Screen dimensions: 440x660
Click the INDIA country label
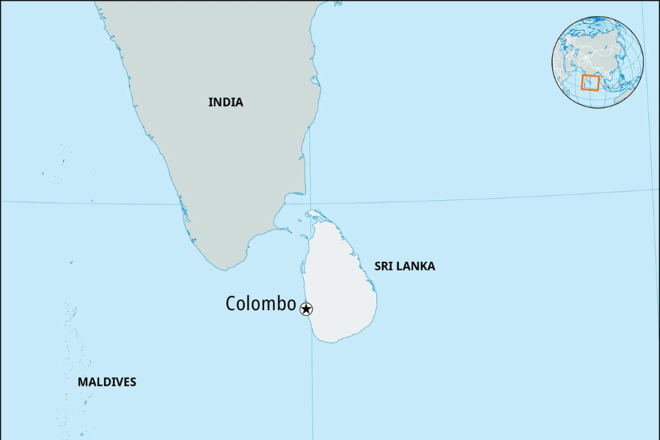[225, 103]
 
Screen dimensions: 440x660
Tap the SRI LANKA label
[404, 266]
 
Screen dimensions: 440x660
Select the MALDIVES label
[106, 382]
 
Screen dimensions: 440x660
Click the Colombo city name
[260, 304]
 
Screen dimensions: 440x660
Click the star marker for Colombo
[307, 309]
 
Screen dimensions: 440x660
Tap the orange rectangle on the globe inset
[590, 83]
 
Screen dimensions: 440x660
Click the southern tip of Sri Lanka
[334, 342]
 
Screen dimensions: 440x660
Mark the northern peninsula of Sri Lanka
[315, 214]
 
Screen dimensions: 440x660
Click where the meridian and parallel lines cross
[310, 203]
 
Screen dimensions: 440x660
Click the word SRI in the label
[384, 266]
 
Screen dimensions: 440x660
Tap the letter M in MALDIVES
[82, 382]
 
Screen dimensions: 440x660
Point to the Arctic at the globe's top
[598, 20]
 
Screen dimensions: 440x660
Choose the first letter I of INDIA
[210, 103]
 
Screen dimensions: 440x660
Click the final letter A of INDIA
[239, 103]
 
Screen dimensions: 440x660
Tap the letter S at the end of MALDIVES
[133, 382]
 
